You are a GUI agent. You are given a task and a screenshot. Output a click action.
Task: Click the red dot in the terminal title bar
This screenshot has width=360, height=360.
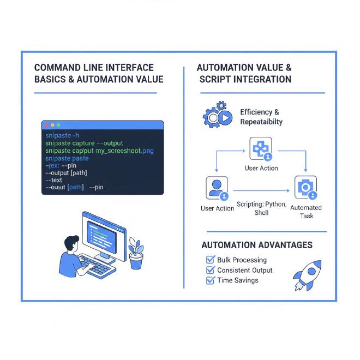(47, 125)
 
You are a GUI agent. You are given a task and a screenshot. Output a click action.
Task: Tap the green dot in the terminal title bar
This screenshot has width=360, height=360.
(57, 125)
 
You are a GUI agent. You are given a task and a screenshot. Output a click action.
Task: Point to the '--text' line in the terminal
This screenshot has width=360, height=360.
(54, 180)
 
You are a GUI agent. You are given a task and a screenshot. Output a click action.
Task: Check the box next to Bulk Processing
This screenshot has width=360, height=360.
(210, 260)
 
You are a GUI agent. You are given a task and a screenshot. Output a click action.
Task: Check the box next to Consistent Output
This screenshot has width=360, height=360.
(210, 270)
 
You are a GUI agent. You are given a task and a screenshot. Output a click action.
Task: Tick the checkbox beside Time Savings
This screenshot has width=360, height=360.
(210, 280)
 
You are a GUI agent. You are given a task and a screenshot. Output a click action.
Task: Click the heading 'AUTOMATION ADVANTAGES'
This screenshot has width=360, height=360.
(257, 245)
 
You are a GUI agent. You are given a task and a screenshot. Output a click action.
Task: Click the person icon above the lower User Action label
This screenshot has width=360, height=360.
(217, 188)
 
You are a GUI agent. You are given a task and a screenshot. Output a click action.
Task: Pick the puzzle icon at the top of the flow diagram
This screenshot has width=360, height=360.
(260, 149)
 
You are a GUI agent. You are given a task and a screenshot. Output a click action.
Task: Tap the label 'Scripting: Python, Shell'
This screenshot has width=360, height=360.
(261, 208)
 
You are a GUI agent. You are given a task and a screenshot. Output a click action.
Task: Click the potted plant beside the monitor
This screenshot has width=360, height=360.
(136, 253)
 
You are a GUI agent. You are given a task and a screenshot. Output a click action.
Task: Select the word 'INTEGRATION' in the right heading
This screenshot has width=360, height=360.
(262, 79)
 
